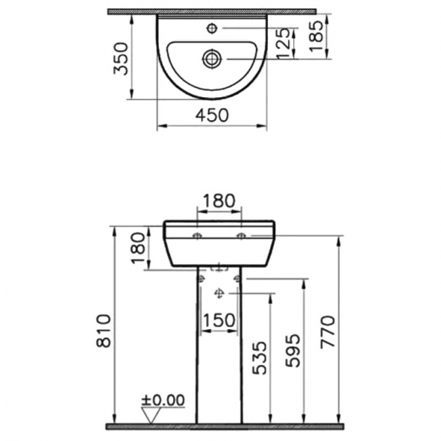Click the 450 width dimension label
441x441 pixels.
click(212, 115)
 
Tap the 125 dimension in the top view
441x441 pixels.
click(286, 43)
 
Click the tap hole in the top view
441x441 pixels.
click(212, 28)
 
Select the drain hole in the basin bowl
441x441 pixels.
click(212, 59)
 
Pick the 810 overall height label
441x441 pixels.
click(103, 330)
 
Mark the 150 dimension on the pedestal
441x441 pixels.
click(218, 320)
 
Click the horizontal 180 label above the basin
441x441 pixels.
click(218, 201)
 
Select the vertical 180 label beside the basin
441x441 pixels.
click(138, 248)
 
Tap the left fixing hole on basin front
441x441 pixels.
click(197, 236)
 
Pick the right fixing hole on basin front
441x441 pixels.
click(241, 236)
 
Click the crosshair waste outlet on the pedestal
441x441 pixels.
click(218, 293)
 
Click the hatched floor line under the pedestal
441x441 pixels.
click(224, 426)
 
